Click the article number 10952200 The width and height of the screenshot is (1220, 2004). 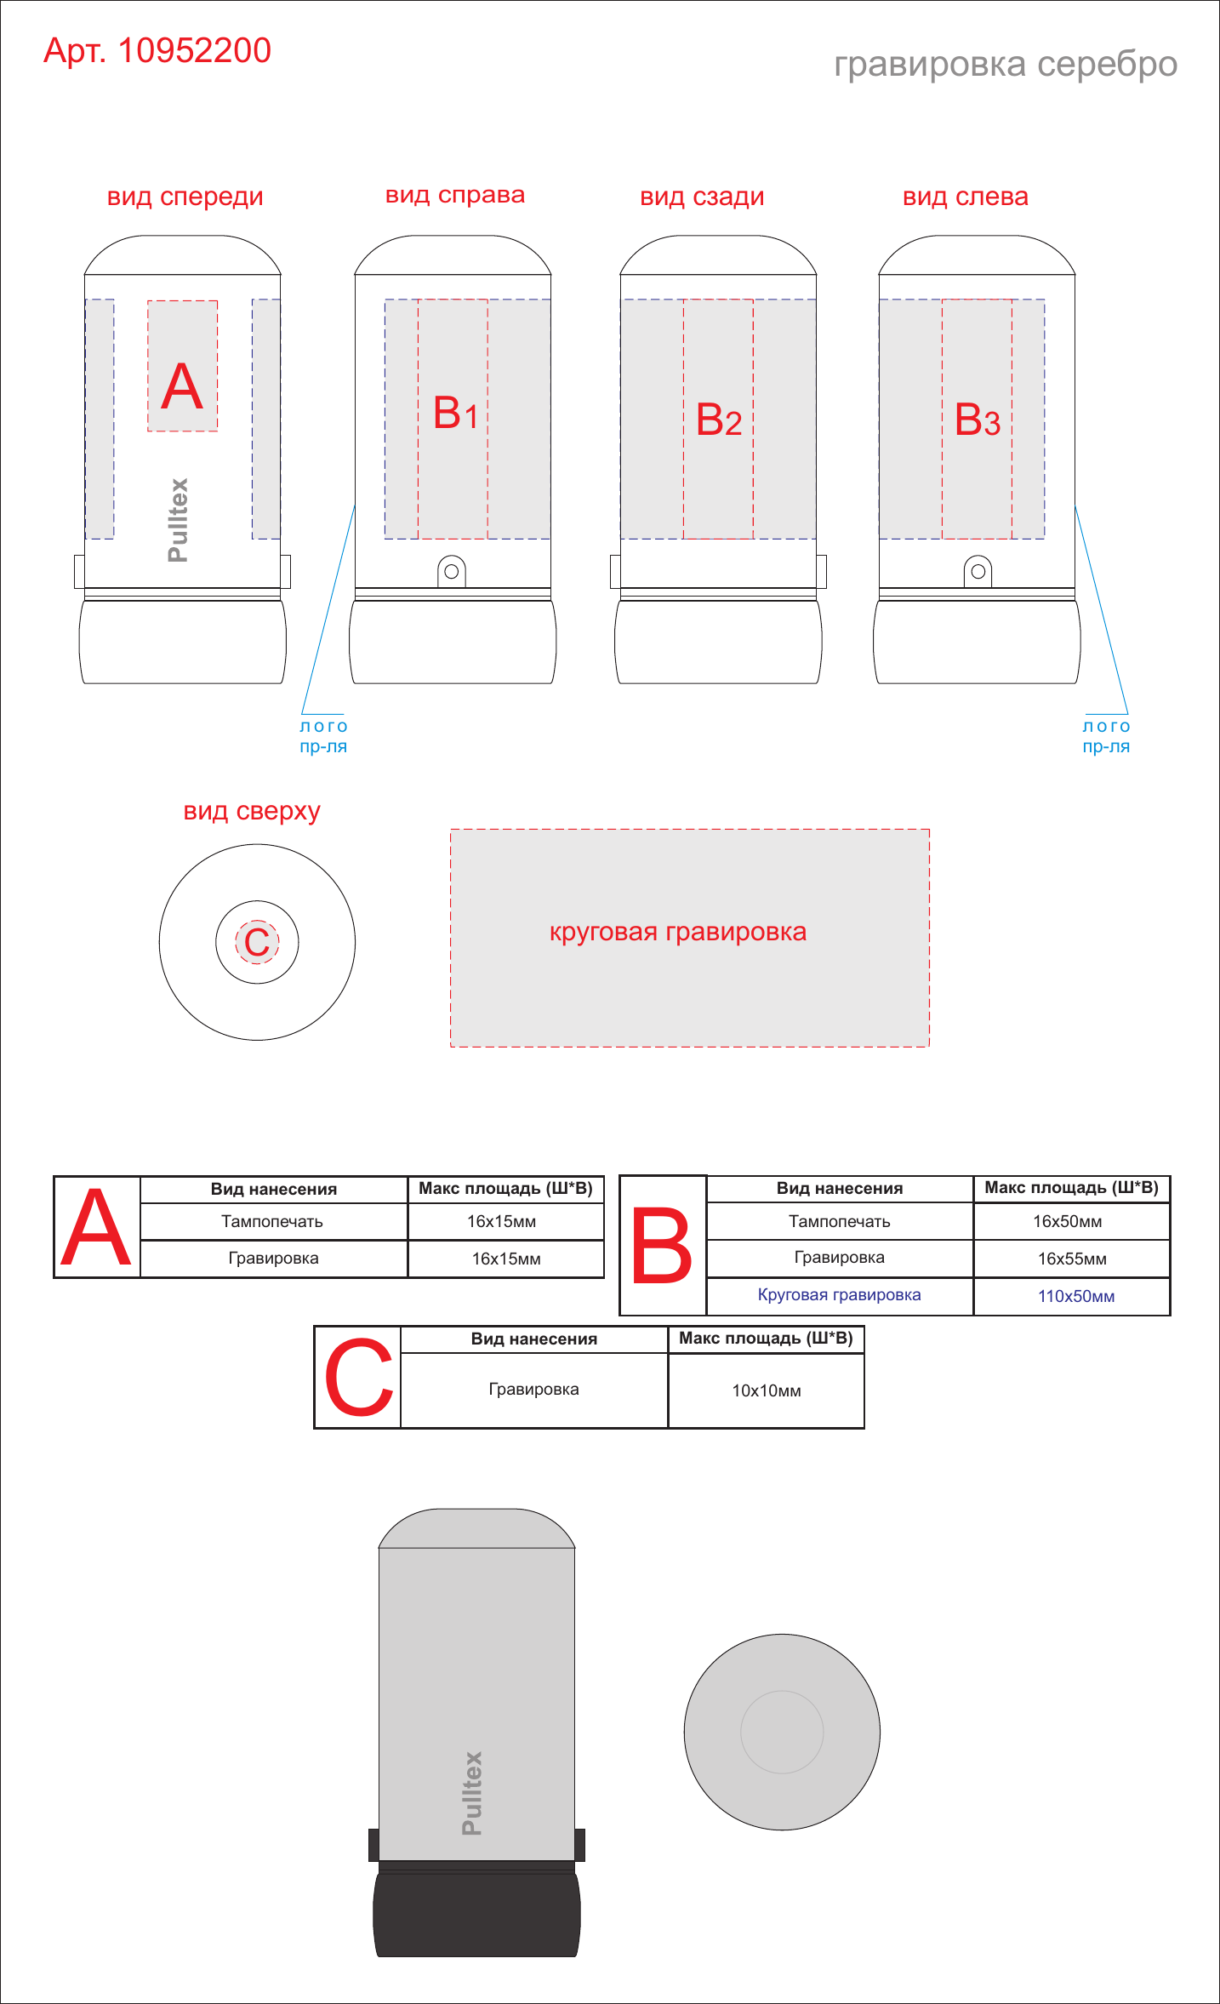194,51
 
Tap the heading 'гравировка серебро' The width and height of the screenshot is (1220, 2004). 1006,65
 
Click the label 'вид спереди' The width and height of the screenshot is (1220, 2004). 185,197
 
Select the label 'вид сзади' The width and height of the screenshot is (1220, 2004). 702,197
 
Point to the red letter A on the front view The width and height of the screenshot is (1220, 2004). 182,387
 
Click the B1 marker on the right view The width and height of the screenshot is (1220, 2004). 455,414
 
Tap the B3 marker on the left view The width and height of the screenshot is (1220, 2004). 977,420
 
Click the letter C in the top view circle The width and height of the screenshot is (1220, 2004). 257,942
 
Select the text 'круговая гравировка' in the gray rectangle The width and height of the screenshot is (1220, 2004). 678,933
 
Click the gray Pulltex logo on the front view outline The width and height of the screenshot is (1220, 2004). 178,520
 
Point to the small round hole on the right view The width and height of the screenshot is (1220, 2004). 452,572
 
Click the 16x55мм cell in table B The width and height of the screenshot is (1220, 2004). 1072,1259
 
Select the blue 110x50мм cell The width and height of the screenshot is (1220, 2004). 1076,1296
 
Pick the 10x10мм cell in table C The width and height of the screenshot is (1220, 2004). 767,1390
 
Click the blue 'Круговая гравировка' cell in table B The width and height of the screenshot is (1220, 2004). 839,1295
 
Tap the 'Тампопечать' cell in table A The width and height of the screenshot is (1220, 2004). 272,1222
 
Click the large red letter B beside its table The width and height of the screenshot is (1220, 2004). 662,1247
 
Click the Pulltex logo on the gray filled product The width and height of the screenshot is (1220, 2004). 472,1793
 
